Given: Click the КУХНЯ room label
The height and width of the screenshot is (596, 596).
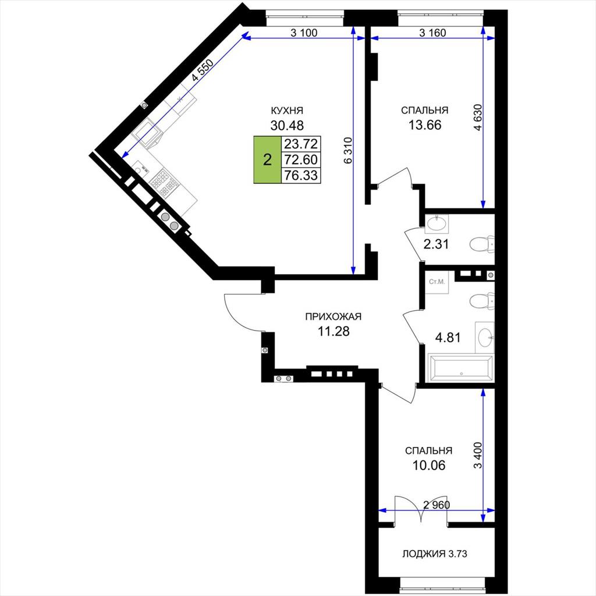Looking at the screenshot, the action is [286, 111].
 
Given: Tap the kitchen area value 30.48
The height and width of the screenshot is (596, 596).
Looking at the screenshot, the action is [287, 125].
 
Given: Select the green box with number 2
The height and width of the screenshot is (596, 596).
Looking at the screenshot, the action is [268, 159].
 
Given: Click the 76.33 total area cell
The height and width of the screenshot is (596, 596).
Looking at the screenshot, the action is [301, 175].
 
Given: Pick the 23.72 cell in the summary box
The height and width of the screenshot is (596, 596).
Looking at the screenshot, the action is [301, 144].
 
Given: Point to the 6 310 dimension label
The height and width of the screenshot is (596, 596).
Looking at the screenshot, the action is [348, 150].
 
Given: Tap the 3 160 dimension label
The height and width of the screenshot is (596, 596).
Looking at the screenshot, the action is [432, 33].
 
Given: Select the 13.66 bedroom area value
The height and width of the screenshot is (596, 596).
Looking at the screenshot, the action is [425, 125].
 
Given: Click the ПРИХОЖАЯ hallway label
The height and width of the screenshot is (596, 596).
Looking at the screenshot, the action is [334, 317].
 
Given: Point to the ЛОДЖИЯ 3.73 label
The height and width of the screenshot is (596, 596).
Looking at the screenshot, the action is [435, 554].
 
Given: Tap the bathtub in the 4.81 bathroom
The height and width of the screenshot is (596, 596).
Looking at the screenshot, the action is [461, 368].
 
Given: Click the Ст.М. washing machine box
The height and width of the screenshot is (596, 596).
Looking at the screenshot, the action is [437, 282].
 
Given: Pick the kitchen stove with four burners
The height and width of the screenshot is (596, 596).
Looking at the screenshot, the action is [164, 183].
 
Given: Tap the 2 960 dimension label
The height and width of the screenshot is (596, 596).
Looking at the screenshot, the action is [437, 505].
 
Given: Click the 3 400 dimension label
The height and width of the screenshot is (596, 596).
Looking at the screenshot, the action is [478, 455].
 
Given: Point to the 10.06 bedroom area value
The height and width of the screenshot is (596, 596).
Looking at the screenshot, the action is [429, 465].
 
